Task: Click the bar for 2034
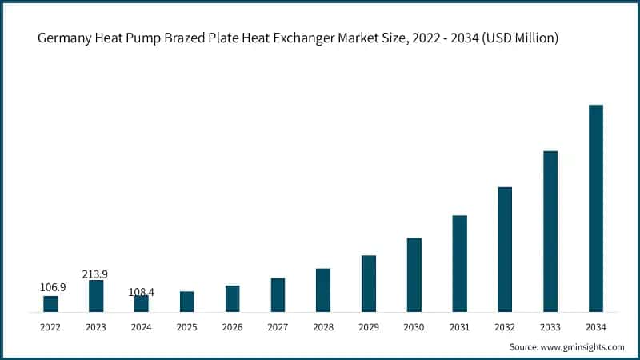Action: click(x=595, y=208)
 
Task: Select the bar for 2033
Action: click(x=550, y=231)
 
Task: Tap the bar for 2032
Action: click(x=504, y=249)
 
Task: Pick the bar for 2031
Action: click(x=459, y=263)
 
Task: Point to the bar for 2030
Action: click(x=414, y=274)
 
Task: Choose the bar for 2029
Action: click(x=368, y=283)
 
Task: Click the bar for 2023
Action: click(x=96, y=296)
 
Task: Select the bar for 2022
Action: click(x=50, y=304)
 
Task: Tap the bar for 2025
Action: click(x=186, y=302)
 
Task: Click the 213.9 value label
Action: click(x=95, y=274)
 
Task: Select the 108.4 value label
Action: click(x=141, y=292)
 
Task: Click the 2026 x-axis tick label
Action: click(x=232, y=326)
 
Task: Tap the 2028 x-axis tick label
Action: click(x=322, y=326)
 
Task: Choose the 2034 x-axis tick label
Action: click(x=595, y=326)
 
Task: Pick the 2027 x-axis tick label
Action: click(x=278, y=326)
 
